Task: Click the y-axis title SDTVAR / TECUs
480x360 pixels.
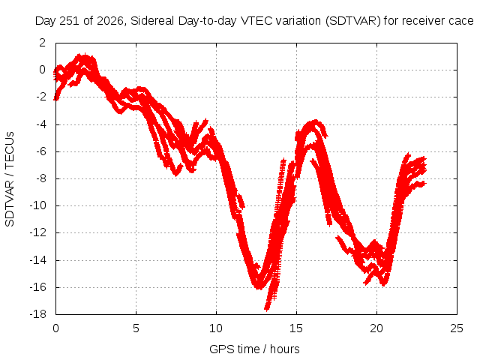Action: (10, 179)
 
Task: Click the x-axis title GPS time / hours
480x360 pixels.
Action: (254, 349)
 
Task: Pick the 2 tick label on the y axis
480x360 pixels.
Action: (42, 43)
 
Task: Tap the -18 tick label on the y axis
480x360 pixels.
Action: (38, 314)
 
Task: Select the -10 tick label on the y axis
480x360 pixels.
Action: (38, 205)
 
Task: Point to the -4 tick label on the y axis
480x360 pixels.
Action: (40, 124)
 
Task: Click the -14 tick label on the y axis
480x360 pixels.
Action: (38, 260)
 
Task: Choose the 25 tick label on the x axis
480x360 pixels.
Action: (457, 328)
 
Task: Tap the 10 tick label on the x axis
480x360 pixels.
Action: (216, 328)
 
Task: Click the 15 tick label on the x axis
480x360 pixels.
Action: (296, 328)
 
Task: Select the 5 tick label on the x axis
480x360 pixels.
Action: (136, 328)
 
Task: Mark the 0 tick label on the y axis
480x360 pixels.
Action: (42, 70)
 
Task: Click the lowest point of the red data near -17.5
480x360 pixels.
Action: (267, 310)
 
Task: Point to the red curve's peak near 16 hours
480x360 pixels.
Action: (315, 121)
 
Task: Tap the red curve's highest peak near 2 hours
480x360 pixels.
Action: (85, 55)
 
